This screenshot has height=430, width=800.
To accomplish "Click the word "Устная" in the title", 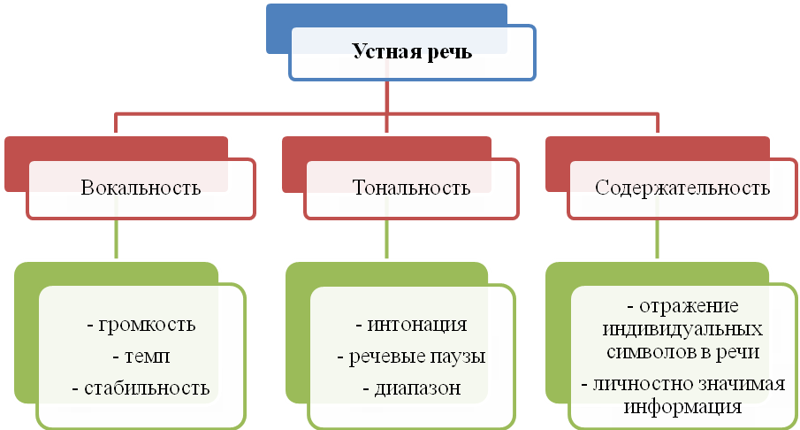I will pyautogui.click(x=383, y=51).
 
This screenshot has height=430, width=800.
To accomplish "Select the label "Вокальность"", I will pyautogui.click(x=141, y=188).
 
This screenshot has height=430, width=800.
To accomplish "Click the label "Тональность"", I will pyautogui.click(x=411, y=188).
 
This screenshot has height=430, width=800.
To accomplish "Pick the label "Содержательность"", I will pyautogui.click(x=682, y=188).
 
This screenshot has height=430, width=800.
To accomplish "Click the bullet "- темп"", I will pyautogui.click(x=141, y=357).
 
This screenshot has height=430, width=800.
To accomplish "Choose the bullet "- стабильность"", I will pyautogui.click(x=141, y=388).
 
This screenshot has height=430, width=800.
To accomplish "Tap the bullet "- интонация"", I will pyautogui.click(x=411, y=324).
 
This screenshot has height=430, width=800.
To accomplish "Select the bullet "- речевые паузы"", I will pyautogui.click(x=412, y=357).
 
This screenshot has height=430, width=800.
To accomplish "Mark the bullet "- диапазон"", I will pyautogui.click(x=412, y=388).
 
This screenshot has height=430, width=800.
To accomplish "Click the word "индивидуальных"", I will pyautogui.click(x=682, y=329).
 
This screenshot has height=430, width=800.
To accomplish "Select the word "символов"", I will pyautogui.click(x=647, y=351).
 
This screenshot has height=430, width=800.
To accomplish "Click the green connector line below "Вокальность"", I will pyautogui.click(x=117, y=239).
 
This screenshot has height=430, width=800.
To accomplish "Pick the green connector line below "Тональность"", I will pyautogui.click(x=386, y=239).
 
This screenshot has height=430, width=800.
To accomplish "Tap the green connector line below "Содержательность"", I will pyautogui.click(x=657, y=239).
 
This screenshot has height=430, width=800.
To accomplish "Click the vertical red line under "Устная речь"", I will pyautogui.click(x=386, y=96).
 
